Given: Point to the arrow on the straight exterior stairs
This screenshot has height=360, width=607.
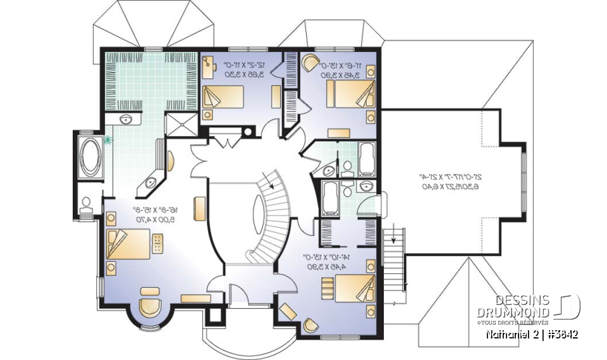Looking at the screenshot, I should (393, 239).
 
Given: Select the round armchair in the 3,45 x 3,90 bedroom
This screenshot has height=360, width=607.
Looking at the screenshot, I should (310, 63).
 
